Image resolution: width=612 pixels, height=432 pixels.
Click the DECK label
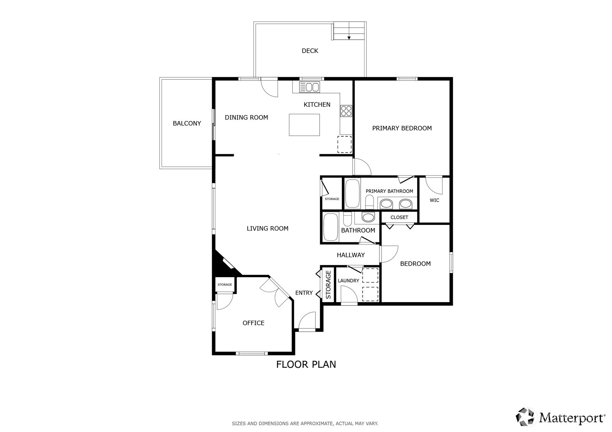310,51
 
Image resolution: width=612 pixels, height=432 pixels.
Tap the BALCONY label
187,123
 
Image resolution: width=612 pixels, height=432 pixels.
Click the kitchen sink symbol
310,87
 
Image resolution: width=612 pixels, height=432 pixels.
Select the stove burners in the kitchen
346,111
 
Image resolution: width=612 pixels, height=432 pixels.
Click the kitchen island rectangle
304,125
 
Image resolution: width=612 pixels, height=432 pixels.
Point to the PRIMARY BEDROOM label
402,128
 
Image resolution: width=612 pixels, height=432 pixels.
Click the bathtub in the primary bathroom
352,193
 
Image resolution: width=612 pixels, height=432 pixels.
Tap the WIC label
434,200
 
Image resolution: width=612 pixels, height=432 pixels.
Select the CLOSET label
399,217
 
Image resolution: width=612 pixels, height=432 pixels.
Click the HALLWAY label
351,255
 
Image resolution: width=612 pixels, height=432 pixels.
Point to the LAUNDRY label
348,281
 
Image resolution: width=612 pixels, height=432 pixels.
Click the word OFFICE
253,323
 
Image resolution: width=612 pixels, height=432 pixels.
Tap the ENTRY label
304,293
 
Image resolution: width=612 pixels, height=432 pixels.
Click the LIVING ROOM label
268,228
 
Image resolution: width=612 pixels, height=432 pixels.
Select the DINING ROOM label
246,117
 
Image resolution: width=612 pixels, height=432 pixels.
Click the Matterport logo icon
525,417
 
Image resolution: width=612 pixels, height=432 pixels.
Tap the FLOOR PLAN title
306,364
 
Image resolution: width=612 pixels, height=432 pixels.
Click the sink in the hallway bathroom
368,217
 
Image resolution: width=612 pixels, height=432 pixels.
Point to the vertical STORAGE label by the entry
328,285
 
